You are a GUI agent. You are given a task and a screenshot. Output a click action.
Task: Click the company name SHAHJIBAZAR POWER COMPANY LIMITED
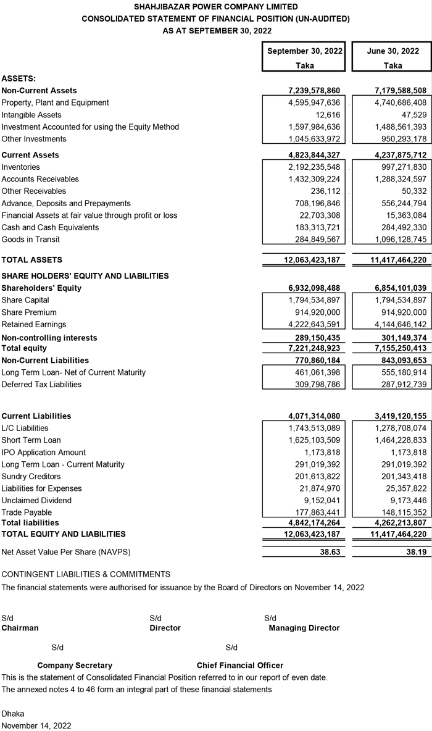(x=215, y=7)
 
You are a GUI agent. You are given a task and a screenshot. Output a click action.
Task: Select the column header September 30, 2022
(x=305, y=51)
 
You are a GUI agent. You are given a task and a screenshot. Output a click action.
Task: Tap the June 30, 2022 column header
(x=393, y=51)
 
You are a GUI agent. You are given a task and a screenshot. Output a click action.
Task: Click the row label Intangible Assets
(x=31, y=115)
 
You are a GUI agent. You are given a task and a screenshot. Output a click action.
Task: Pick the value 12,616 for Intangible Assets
(x=328, y=115)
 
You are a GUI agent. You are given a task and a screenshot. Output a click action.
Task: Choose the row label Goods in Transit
(x=27, y=240)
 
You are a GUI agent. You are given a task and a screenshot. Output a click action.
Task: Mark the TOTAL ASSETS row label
(x=31, y=260)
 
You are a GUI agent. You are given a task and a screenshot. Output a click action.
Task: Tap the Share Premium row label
(x=29, y=312)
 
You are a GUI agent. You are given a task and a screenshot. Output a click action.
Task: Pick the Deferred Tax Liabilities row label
(x=41, y=385)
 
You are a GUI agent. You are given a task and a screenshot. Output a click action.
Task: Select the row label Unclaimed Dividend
(x=36, y=501)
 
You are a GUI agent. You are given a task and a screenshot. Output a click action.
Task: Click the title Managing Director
(x=304, y=628)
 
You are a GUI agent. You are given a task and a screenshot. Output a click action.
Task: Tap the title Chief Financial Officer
(x=240, y=666)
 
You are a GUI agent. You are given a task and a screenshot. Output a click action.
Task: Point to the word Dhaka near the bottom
(x=13, y=714)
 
